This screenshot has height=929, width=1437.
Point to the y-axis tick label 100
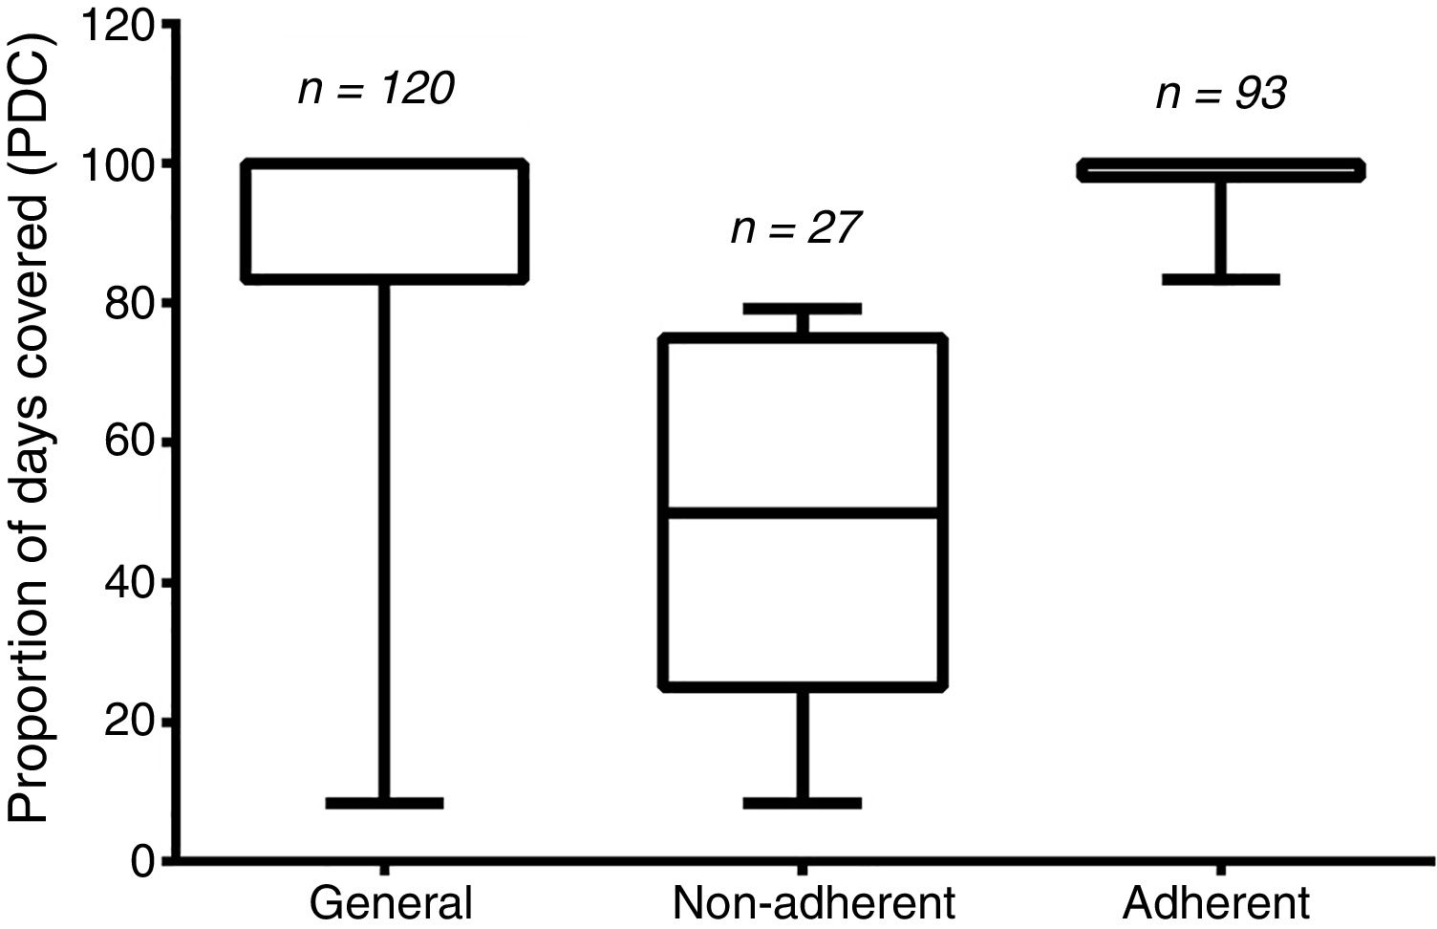pos(116,164)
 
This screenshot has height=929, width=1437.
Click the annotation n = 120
pos(375,90)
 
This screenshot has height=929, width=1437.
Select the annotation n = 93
pos(1220,94)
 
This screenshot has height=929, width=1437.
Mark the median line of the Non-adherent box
pos(804,513)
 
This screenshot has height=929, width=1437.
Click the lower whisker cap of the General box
pos(384,803)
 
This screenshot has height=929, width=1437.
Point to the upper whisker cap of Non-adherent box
pos(803,309)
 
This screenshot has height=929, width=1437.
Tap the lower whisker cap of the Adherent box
pos(1221,279)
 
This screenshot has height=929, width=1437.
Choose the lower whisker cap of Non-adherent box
pos(803,803)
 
